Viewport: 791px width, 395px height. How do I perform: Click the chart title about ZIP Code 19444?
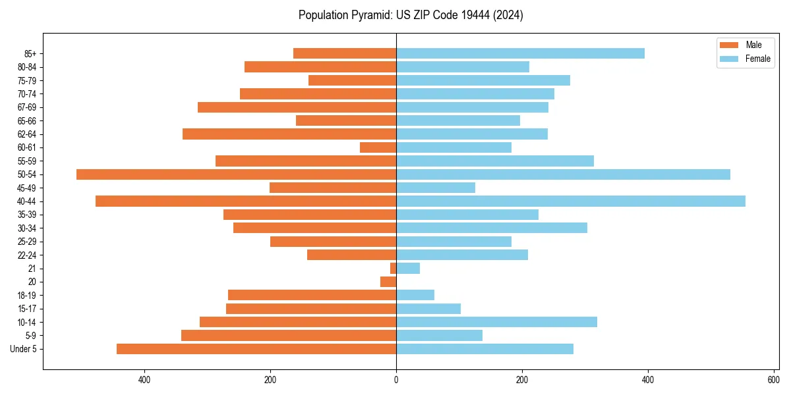tap(411, 15)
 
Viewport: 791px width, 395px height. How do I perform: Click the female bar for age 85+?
tap(520, 53)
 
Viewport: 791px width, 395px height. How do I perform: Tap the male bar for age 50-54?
tap(236, 174)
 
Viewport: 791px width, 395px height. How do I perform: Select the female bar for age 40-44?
tap(570, 201)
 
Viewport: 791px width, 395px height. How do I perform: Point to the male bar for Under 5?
tap(256, 349)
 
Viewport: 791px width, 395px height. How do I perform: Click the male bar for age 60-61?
tap(378, 147)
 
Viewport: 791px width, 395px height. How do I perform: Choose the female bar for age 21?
tap(408, 269)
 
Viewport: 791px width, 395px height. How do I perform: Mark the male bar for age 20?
tap(388, 282)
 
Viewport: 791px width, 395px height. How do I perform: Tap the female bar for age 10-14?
tap(496, 322)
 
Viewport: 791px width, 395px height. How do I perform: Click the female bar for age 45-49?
tap(436, 188)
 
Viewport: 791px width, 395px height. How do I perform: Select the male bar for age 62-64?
tap(289, 134)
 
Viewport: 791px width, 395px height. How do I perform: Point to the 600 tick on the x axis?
tap(773, 380)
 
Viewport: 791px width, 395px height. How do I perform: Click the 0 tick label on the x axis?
tap(396, 380)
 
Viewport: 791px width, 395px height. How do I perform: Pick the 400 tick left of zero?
tap(144, 380)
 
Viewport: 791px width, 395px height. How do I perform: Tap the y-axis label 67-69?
tap(27, 107)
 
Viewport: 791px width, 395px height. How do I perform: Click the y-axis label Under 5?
tap(24, 349)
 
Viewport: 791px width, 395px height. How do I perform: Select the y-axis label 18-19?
tap(27, 296)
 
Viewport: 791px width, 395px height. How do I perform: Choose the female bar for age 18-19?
tap(415, 295)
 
